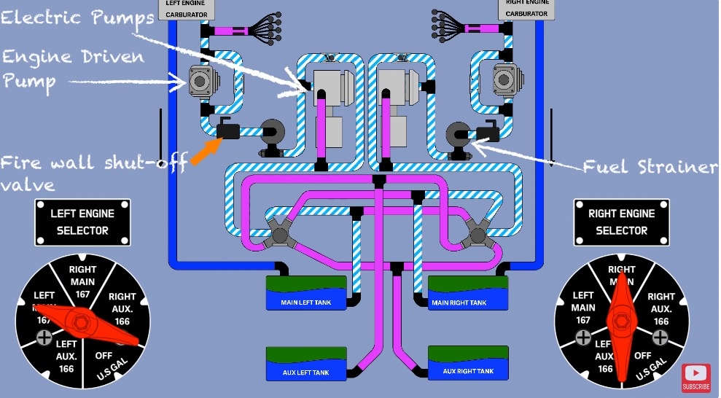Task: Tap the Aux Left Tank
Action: [305, 362]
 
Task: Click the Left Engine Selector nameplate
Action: [82, 222]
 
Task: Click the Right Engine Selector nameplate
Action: [622, 222]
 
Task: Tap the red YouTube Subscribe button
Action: [696, 378]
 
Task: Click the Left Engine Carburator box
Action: [186, 9]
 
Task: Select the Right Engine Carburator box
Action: [526, 9]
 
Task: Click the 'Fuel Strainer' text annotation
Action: [650, 167]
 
